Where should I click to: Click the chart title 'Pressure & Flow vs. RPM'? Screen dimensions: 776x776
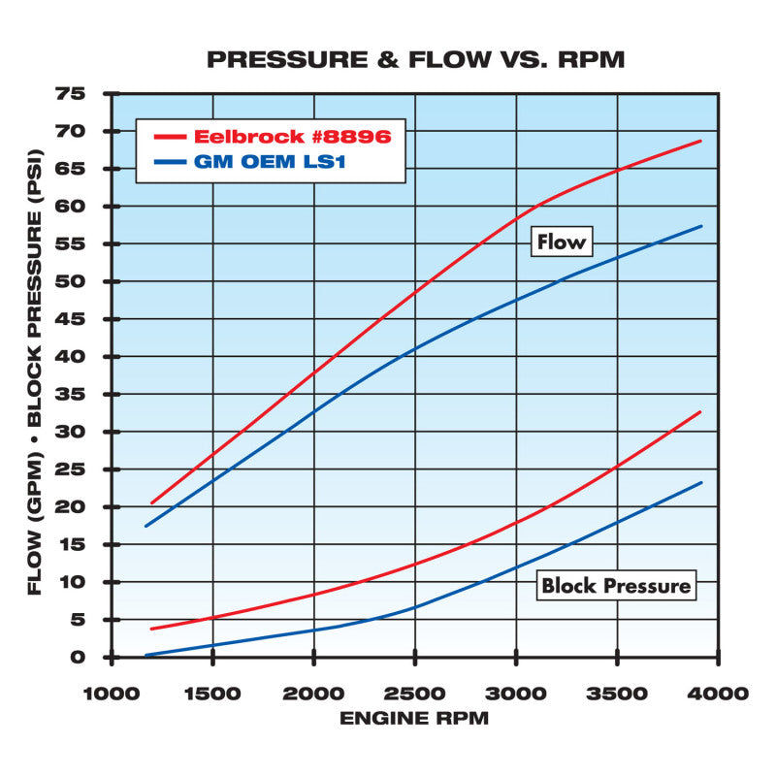[416, 59]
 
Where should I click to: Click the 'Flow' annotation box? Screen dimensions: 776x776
[561, 241]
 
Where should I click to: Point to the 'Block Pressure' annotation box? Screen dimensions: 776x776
[615, 585]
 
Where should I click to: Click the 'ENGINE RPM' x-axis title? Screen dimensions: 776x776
[414, 719]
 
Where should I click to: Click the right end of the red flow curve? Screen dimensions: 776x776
[700, 141]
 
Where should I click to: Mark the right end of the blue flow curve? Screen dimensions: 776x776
[700, 226]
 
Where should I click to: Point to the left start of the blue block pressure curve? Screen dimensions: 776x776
[146, 656]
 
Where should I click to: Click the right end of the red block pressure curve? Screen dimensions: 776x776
[700, 411]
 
